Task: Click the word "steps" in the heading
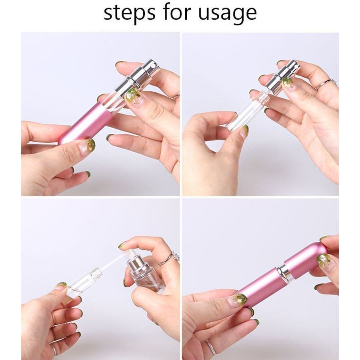tap(129, 13)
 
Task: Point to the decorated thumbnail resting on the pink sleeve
tap(88, 144)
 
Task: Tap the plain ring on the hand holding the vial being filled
tap(54, 347)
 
